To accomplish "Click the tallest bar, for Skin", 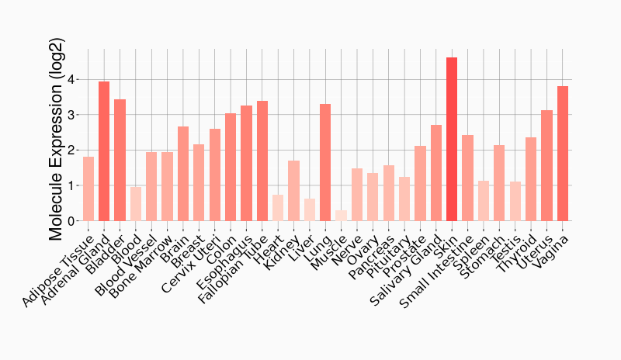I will click(x=452, y=140).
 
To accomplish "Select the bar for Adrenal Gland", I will click(x=104, y=151).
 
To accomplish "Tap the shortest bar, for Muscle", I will click(x=341, y=216).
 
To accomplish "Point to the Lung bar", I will click(x=325, y=162).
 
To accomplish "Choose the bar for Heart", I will click(x=278, y=208).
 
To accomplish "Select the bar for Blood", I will click(x=136, y=204).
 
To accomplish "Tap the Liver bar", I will click(x=309, y=209).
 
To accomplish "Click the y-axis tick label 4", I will click(x=71, y=80).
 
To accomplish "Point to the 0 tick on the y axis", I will click(x=71, y=221).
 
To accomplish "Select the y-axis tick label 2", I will click(x=71, y=151).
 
